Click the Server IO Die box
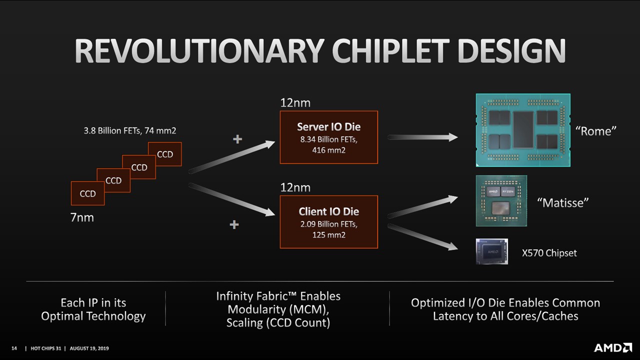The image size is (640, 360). [328, 137]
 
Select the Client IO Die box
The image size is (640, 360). [328, 222]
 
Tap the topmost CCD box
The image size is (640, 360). [165, 154]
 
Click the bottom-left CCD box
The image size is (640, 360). [87, 193]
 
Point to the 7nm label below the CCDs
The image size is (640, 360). [81, 218]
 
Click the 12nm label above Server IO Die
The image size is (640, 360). [295, 103]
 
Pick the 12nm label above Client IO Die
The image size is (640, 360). [295, 188]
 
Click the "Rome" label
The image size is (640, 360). [595, 131]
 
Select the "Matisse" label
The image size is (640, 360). [562, 202]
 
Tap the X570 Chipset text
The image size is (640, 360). [549, 253]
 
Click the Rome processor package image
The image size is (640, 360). [523, 130]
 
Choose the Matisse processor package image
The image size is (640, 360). [501, 200]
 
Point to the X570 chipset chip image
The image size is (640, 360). [491, 251]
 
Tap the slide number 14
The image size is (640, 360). [14, 347]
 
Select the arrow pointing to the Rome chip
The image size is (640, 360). [422, 137]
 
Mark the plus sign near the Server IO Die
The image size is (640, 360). [237, 139]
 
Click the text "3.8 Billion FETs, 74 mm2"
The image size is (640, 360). [129, 131]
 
